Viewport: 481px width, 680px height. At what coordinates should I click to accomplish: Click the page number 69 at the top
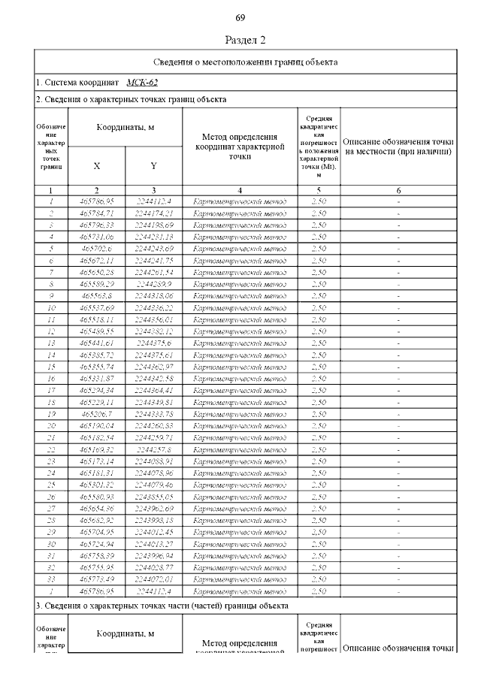240,17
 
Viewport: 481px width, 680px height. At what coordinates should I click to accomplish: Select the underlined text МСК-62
142,80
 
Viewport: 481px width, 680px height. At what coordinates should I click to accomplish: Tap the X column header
96,165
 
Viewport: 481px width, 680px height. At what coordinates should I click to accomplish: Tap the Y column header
153,165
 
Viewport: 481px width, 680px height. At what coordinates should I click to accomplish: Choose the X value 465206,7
96,414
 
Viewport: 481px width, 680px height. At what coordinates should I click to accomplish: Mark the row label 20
50,425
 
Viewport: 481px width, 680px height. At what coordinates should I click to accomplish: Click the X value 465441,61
96,343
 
